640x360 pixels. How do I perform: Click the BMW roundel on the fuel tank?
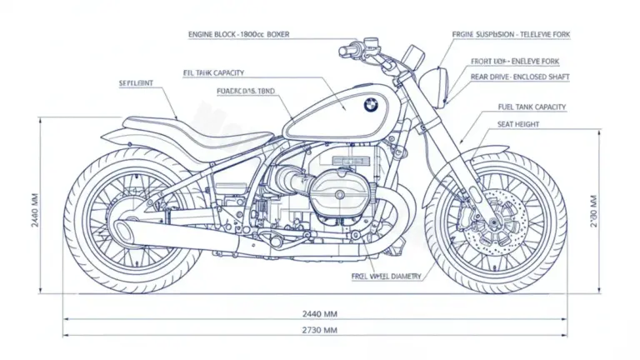(370, 105)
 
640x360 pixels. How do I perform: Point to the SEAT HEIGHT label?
(517, 124)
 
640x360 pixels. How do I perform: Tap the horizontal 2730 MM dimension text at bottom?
(319, 330)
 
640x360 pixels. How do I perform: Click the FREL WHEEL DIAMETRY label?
(387, 276)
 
